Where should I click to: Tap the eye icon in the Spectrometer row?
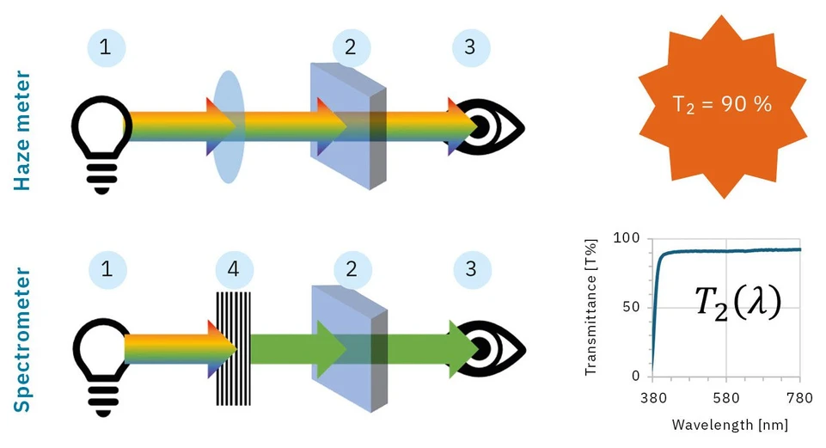pos(486,349)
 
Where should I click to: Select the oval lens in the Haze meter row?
pos(228,127)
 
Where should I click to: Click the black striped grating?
pos(233,348)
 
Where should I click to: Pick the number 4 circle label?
pos(233,270)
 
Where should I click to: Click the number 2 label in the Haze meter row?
pos(350,48)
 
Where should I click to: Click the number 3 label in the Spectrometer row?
pos(469,270)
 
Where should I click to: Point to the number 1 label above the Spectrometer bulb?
pos(107,270)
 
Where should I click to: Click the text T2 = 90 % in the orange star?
pos(722,105)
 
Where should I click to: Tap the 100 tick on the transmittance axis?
pos(631,238)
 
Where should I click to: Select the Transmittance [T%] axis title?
pos(590,307)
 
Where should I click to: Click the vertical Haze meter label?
pos(23,130)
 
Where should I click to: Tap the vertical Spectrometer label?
pos(23,340)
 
